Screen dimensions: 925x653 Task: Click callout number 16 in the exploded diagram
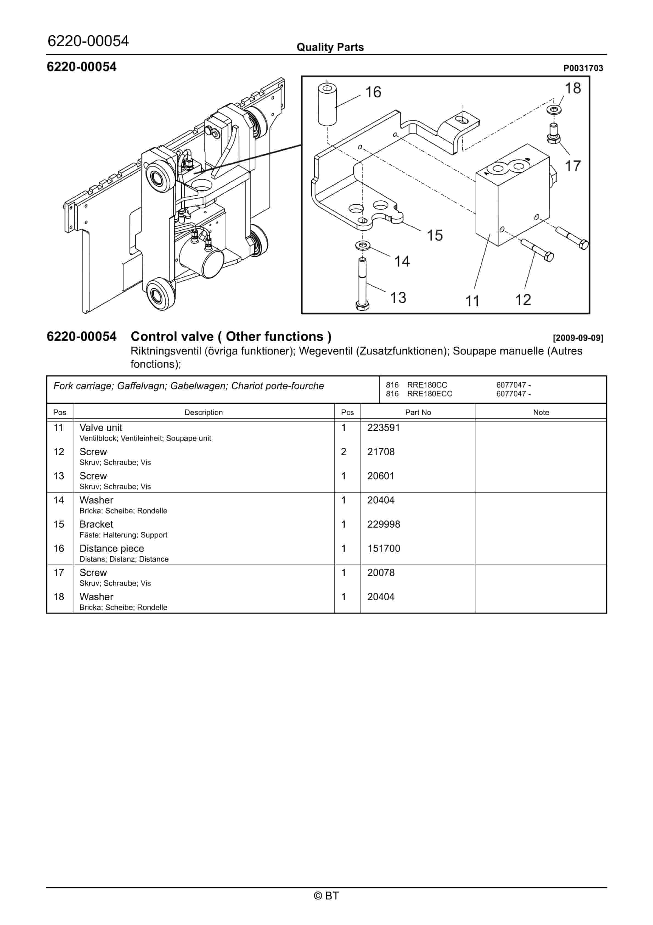373,92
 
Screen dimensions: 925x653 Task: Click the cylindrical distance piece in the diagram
327,104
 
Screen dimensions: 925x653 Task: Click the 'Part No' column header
418,412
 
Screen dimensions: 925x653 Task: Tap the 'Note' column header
541,412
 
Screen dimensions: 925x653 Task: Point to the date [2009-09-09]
578,338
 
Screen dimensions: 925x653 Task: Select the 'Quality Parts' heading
330,47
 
